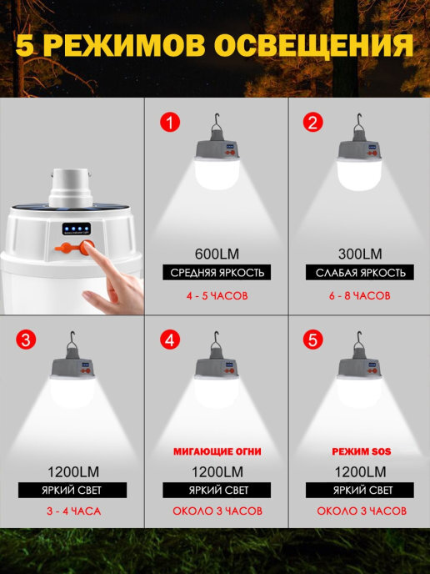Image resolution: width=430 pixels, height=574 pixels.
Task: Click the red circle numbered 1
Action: (170, 122)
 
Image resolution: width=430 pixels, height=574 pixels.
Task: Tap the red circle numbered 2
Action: (313, 122)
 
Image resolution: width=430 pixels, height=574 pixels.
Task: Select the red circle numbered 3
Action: (26, 340)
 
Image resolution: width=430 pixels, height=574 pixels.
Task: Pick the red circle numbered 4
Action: (170, 340)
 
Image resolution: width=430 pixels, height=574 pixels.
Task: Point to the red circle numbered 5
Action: (313, 340)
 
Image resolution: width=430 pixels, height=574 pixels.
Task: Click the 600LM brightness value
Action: (217, 254)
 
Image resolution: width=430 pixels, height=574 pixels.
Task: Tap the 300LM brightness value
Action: (360, 254)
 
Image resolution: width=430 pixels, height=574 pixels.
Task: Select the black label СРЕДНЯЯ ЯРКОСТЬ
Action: (217, 272)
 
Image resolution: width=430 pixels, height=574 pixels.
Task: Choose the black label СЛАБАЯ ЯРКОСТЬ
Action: (360, 272)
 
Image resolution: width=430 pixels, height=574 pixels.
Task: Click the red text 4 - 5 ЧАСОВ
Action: (217, 295)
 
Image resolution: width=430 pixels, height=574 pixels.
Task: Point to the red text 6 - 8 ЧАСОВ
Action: (360, 295)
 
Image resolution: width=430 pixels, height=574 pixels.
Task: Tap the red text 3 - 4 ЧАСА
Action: (73, 511)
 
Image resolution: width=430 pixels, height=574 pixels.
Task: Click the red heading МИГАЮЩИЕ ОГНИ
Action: (217, 451)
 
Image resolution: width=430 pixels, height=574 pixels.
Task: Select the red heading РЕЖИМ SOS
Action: (362, 451)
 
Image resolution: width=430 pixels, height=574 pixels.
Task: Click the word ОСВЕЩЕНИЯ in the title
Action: (314, 46)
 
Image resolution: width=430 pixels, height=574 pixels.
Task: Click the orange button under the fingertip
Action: (87, 248)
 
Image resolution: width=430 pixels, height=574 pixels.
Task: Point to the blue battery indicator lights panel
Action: (77, 229)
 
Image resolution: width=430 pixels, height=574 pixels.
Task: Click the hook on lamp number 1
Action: (217, 123)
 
